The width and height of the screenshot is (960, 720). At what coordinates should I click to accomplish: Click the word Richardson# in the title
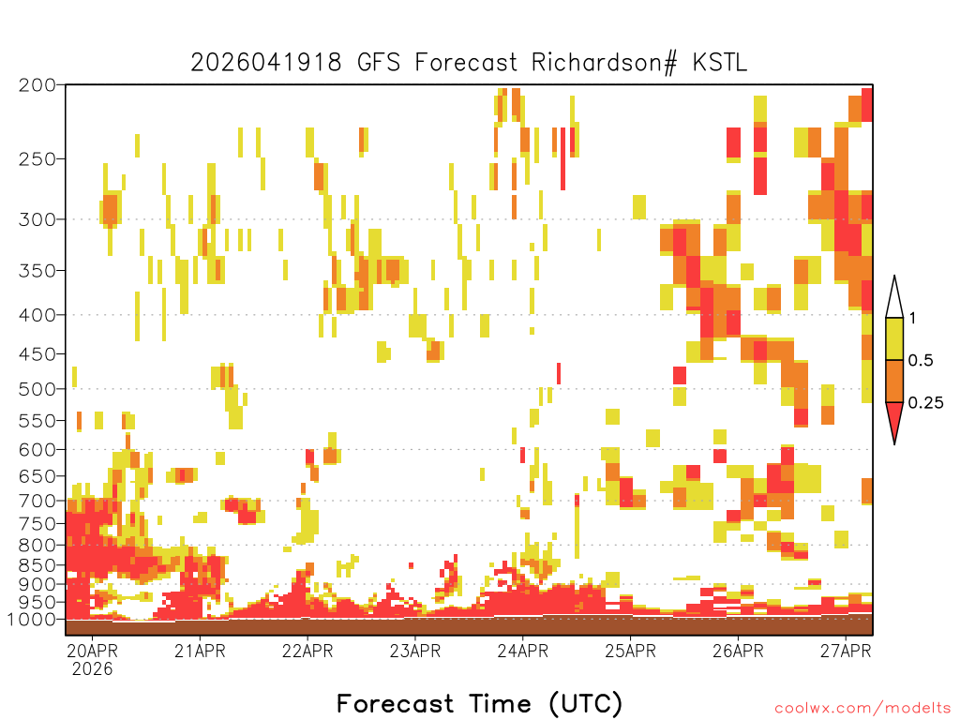tap(605, 63)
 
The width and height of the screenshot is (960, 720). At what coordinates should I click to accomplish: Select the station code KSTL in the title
tap(720, 63)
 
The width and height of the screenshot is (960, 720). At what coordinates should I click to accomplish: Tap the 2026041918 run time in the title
tap(266, 63)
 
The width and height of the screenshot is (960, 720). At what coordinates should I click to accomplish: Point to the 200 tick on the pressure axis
tap(37, 85)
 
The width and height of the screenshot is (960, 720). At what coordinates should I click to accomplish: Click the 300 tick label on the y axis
tap(37, 219)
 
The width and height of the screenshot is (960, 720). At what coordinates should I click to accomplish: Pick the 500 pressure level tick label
tap(37, 389)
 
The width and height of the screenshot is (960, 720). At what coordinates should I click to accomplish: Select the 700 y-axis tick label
tap(37, 501)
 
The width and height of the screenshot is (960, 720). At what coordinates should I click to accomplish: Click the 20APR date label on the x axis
tap(93, 651)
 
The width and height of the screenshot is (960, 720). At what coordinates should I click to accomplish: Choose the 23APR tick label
tap(415, 651)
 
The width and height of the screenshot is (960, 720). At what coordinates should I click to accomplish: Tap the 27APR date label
tap(846, 651)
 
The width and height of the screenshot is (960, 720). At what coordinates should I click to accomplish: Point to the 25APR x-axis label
tap(631, 651)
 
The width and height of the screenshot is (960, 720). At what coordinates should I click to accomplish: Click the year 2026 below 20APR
tap(93, 669)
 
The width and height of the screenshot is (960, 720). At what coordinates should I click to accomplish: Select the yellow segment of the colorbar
tap(894, 338)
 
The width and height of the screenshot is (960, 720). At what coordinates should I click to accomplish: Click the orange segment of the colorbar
tap(894, 381)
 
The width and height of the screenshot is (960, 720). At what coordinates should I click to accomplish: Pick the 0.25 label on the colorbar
tap(925, 403)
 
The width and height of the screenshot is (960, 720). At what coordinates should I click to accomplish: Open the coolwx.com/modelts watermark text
tap(862, 709)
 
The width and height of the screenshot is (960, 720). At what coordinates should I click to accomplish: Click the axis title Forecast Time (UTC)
tap(479, 703)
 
